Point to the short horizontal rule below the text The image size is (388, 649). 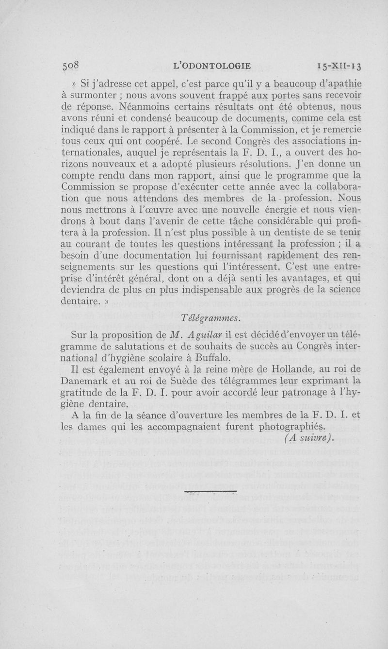(x=211, y=492)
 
